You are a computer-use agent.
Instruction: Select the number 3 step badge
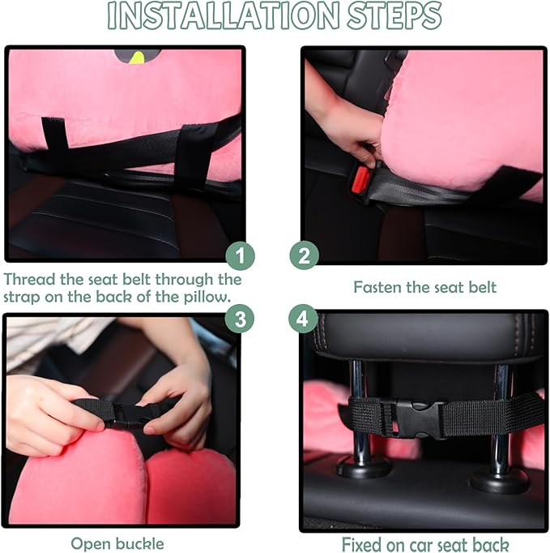point(239,319)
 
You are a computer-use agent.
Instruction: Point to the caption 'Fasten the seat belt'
point(425,287)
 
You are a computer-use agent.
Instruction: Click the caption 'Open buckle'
point(117,543)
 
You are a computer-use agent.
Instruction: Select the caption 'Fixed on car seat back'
point(424,543)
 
